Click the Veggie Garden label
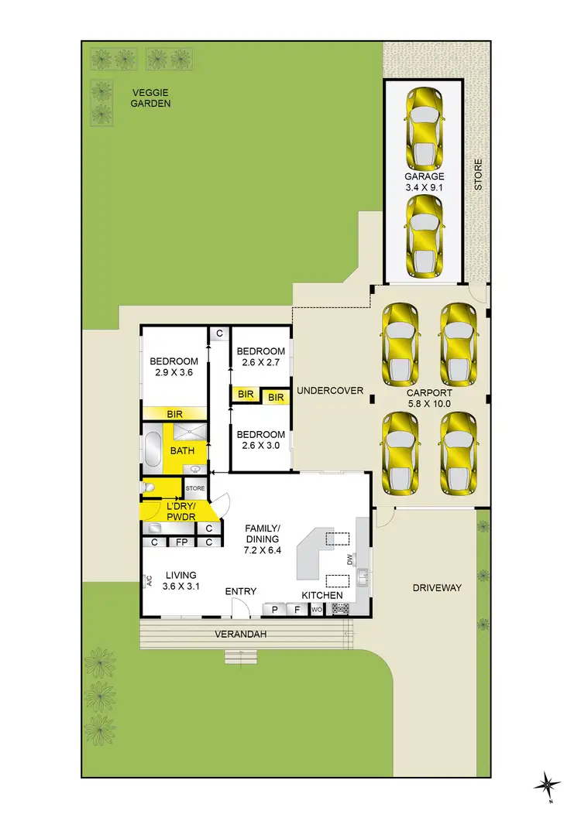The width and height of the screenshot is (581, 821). pos(150,97)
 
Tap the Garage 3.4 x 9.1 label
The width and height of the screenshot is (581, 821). pos(424,181)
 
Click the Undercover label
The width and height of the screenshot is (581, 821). pos(330,391)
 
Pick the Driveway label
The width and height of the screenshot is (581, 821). pos(436,587)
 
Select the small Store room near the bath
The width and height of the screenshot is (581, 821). pos(195,488)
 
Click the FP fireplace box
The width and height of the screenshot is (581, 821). pos(182,542)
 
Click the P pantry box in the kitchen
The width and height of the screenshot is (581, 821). pos(274,610)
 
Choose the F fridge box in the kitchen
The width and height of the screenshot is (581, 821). pos(297,610)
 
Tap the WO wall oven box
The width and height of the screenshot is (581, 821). pos(316,610)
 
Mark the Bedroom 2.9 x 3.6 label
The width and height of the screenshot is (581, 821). pos(174,367)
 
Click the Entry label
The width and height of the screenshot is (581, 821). pos(241,591)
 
